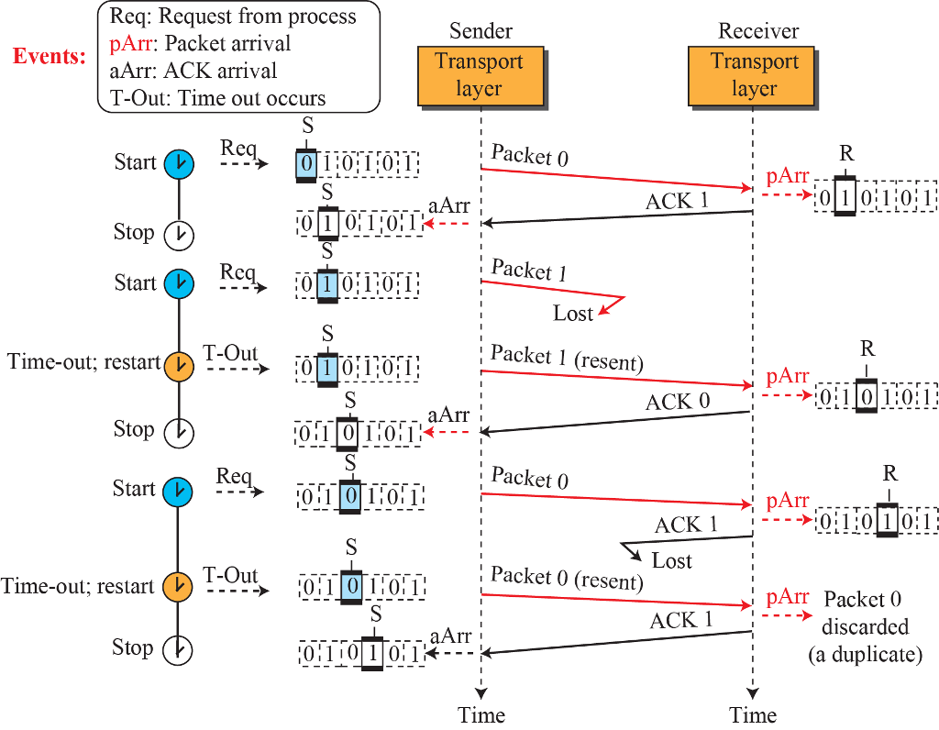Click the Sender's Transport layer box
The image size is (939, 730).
coord(481,76)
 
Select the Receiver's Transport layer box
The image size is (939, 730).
coord(751,76)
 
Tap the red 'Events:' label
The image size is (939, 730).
coord(50,56)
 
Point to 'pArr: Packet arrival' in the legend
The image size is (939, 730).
coord(200,44)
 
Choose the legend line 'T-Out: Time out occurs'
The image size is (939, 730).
coord(217,97)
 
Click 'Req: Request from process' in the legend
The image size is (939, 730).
coord(233,17)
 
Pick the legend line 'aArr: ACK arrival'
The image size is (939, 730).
coord(193,71)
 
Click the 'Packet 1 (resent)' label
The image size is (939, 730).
coord(567,358)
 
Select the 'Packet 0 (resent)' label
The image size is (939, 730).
coord(567,578)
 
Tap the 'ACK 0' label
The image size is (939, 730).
coord(678,402)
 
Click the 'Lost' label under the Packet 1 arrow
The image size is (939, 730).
coord(572,314)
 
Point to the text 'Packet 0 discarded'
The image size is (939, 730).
coord(864,613)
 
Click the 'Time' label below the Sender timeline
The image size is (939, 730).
coord(481,715)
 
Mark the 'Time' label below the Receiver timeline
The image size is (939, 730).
coord(753,715)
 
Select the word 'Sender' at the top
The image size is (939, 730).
coord(481,31)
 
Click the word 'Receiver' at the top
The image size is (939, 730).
coord(758,31)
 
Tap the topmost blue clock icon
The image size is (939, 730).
coord(179,164)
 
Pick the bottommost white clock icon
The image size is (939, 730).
coord(177,649)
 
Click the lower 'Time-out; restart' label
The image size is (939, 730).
coord(77,586)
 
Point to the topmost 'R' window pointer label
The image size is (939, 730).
coord(846,154)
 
